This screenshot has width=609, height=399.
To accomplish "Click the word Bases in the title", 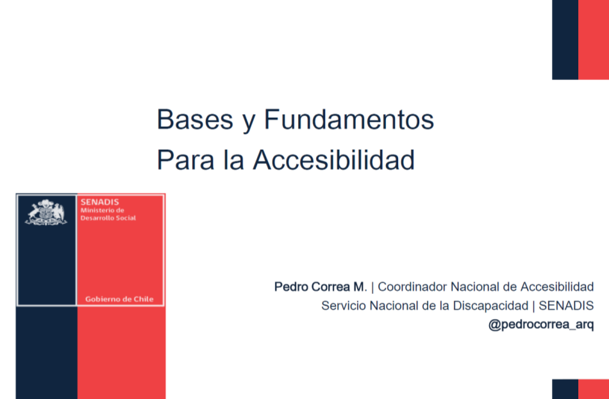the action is [195, 119].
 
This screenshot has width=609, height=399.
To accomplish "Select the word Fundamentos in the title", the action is [349, 119].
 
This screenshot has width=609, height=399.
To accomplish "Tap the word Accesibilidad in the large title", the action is [333, 159].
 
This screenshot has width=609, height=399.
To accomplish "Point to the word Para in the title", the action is [185, 160].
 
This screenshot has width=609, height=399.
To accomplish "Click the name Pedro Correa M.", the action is [321, 287].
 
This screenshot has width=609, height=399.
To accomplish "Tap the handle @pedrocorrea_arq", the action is [541, 325].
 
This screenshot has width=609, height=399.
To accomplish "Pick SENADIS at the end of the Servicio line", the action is [566, 305].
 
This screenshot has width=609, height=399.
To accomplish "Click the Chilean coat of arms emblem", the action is [46, 213].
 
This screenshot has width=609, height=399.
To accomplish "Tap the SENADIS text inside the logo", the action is [100, 202].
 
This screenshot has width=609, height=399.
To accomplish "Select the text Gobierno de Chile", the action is [119, 299].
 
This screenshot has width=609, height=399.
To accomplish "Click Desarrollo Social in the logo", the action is [108, 218].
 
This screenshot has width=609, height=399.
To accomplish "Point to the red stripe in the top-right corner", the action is [594, 40].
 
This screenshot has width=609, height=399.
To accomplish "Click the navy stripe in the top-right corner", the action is [565, 40].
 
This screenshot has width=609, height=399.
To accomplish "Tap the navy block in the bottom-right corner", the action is [565, 389].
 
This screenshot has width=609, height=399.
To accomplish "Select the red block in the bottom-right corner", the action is [594, 389].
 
